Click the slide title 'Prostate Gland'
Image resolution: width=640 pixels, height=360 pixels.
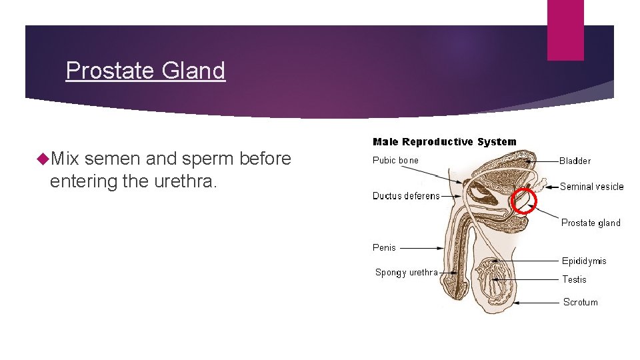145,70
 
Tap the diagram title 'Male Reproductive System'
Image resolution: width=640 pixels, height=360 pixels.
444,141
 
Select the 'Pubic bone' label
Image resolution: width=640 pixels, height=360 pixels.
395,160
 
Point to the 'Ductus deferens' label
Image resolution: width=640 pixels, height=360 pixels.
406,196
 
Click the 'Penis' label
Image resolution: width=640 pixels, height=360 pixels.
384,247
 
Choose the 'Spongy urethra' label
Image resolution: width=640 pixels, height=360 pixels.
406,272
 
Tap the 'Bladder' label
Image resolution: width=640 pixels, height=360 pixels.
575,161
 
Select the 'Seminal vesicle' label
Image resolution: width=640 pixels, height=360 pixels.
591,187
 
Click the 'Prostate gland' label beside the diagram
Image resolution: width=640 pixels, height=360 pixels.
591,223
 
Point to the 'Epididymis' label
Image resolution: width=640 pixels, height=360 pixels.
584,261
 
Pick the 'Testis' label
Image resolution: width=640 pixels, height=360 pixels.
574,279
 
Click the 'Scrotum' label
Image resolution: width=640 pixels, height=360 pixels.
580,302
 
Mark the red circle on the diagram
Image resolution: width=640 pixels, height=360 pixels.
523,200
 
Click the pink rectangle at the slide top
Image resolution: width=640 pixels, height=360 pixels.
565,30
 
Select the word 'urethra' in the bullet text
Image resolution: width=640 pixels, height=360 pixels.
180,181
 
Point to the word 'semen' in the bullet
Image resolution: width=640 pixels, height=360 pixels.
110,159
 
